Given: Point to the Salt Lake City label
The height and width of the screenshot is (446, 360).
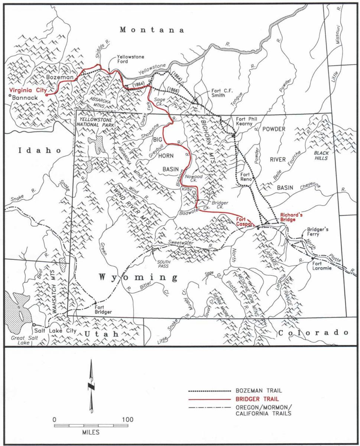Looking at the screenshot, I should [x=55, y=330].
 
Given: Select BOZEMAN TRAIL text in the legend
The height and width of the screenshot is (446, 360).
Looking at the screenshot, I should [x=258, y=391].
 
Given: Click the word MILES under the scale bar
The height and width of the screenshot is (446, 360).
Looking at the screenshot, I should [x=91, y=433].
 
